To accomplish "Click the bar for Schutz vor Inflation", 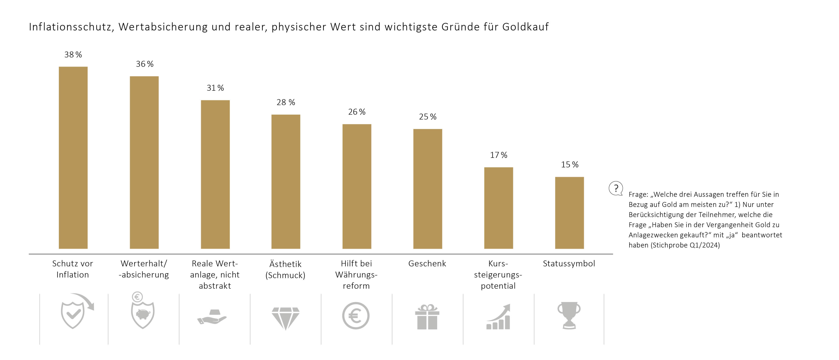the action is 73,158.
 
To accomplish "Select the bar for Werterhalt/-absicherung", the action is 144,163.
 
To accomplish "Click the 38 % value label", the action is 73,55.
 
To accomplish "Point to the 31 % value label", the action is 215,88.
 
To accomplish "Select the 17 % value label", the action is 499,155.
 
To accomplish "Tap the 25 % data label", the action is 428,117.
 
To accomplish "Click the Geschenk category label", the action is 427,264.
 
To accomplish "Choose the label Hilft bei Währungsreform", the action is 356,275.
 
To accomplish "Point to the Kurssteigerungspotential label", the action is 498,275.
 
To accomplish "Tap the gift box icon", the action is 427,317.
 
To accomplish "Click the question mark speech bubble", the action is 616,188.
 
